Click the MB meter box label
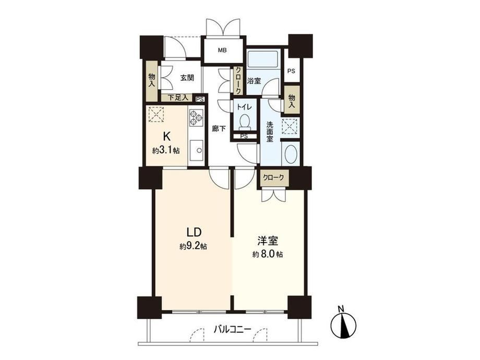pos(222,51)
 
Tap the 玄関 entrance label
pos(187,78)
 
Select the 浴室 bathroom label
pos(254,81)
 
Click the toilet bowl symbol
pos(245,121)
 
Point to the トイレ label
pos(244,107)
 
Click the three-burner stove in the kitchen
pos(196,117)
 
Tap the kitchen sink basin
pos(196,150)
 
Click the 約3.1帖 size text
pos(166,150)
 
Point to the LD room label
pos(194,232)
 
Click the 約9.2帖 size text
pos(193,246)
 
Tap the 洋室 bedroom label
pos(268,241)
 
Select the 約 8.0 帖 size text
pos(268,254)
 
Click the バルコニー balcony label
pos(232,330)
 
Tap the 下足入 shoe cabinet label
pos(178,98)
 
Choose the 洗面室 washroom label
pos(270,131)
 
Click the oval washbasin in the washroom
pos(291,154)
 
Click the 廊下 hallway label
pos(219,128)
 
